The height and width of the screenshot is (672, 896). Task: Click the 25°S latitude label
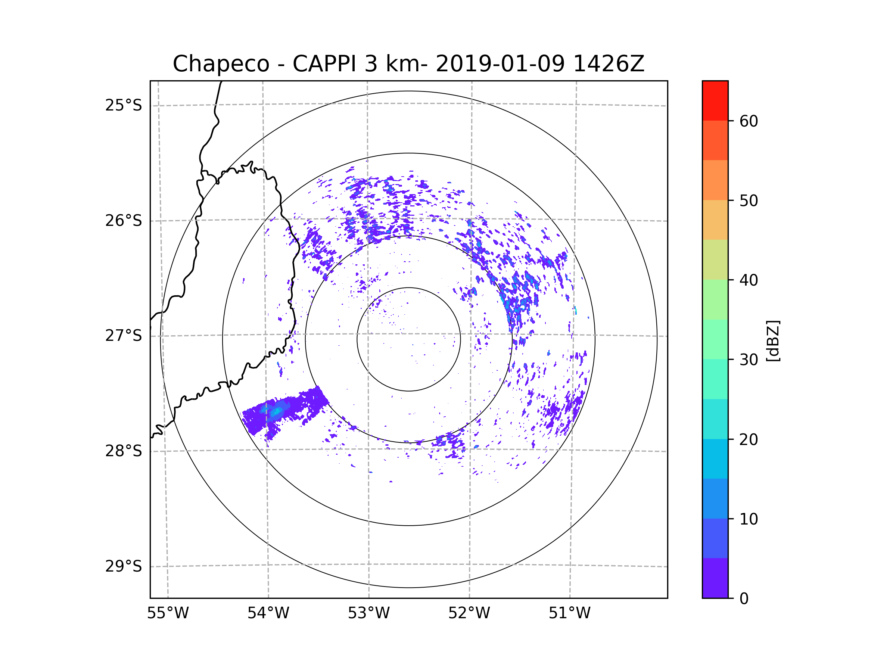(124, 105)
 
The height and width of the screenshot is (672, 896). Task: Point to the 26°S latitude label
(124, 221)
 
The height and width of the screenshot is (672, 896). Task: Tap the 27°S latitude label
(124, 336)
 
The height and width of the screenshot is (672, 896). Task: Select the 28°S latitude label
(124, 451)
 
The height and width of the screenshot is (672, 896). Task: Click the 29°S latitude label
(124, 566)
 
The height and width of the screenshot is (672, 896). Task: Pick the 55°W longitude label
(168, 613)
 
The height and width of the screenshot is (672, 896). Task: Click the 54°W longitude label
(268, 613)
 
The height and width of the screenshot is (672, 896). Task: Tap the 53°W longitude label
(368, 613)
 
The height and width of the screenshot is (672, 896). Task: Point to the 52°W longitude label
(469, 613)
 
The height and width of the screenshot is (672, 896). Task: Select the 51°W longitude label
(569, 613)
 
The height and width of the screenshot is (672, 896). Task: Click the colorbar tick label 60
(749, 121)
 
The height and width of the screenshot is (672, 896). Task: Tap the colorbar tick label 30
(749, 360)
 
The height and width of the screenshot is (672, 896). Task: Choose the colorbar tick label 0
(744, 599)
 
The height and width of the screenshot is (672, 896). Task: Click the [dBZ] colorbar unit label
(773, 341)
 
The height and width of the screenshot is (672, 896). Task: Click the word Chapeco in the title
(221, 64)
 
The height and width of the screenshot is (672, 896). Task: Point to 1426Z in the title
(609, 64)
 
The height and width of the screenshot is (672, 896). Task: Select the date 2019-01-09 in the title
(500, 64)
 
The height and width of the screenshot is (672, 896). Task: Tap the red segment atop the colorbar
(715, 100)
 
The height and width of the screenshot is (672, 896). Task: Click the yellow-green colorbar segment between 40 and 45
(715, 259)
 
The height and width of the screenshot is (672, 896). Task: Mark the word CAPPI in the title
(324, 64)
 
